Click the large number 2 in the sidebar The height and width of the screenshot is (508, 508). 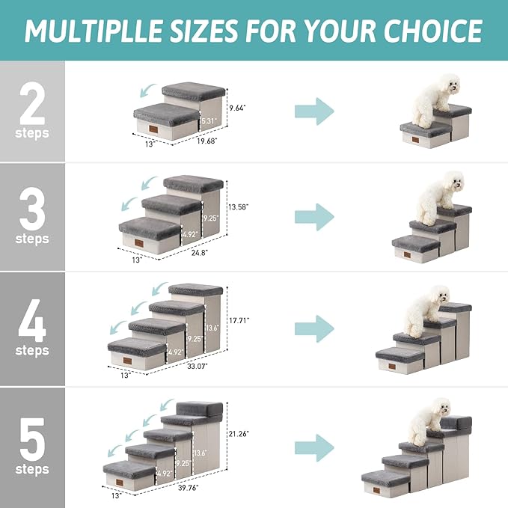32,106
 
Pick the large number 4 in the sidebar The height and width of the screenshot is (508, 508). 32,322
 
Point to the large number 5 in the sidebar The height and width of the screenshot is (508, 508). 32,441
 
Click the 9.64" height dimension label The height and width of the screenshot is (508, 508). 237,108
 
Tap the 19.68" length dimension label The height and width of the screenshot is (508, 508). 208,140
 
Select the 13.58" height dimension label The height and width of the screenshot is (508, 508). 238,206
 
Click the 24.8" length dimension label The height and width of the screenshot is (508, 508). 198,254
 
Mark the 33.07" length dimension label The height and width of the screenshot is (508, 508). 196,366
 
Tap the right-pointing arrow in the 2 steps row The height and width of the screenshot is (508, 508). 313,111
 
